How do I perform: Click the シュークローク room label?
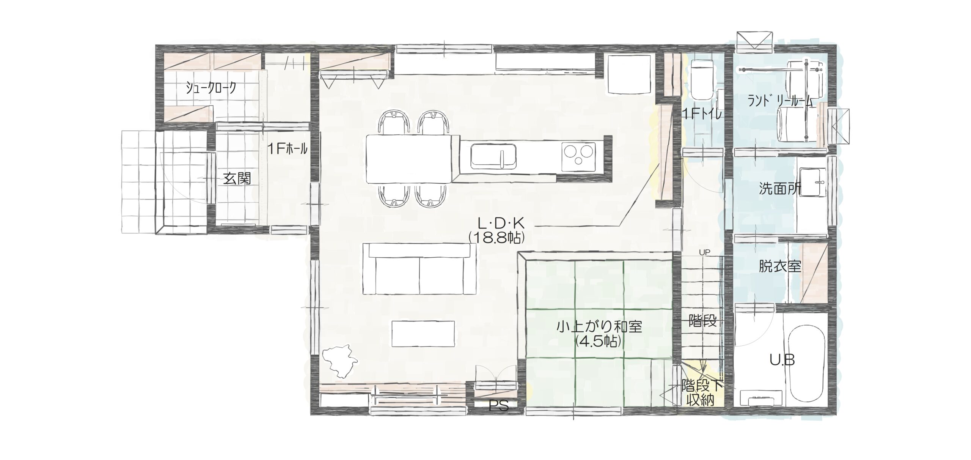pyautogui.click(x=211, y=88)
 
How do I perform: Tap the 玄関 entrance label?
pyautogui.click(x=237, y=178)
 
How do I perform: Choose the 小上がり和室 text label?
pyautogui.click(x=599, y=326)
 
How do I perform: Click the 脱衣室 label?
pyautogui.click(x=779, y=266)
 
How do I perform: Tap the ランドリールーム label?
pyautogui.click(x=779, y=101)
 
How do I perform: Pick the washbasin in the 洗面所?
pyautogui.click(x=812, y=183)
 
